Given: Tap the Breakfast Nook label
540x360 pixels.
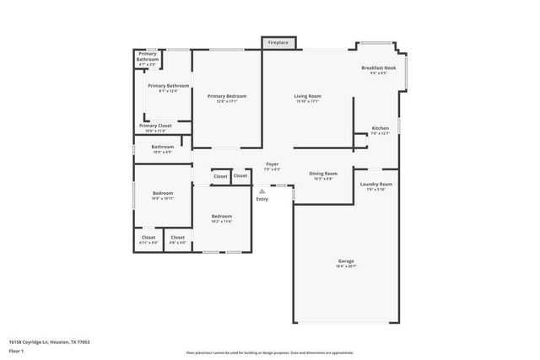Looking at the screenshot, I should tap(379, 70).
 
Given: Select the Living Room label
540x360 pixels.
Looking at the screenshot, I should tap(307, 98).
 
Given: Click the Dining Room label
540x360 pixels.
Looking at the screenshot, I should tap(323, 175).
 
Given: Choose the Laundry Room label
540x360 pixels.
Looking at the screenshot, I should tap(375, 185).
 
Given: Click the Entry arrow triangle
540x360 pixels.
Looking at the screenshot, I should tap(262, 191).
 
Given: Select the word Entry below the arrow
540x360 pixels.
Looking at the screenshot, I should tap(262, 199).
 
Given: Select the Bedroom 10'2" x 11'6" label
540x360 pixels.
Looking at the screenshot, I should tap(221, 218).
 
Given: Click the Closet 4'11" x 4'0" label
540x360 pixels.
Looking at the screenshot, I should tap(148, 239).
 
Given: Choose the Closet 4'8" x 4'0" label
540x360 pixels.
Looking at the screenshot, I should tap(177, 239).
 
